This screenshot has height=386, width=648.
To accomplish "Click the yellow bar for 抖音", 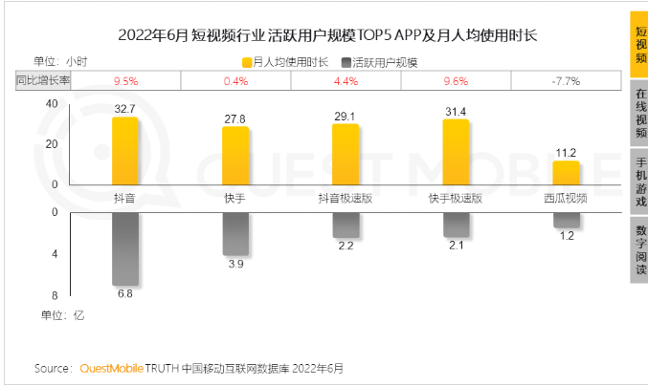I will click(x=124, y=151).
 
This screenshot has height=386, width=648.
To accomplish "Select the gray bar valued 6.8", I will click(x=125, y=248).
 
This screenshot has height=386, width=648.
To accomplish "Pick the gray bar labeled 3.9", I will click(x=235, y=233).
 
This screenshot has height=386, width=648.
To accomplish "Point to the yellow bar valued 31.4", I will click(x=456, y=152).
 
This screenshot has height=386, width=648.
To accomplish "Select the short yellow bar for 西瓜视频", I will click(x=566, y=173).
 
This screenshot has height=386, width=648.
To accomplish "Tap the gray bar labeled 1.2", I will click(x=566, y=221).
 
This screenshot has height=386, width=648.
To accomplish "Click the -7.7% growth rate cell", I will click(x=566, y=81).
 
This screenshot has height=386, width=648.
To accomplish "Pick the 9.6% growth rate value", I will click(x=456, y=81).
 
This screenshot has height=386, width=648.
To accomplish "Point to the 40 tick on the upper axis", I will click(x=52, y=103).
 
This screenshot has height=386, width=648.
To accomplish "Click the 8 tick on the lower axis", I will click(x=56, y=295).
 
